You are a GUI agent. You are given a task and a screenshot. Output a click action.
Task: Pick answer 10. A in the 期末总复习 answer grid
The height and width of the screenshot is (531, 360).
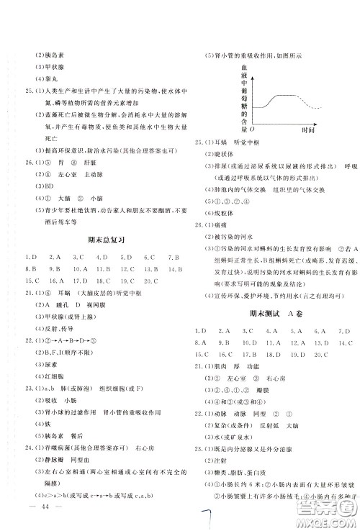[x=80, y=270]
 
